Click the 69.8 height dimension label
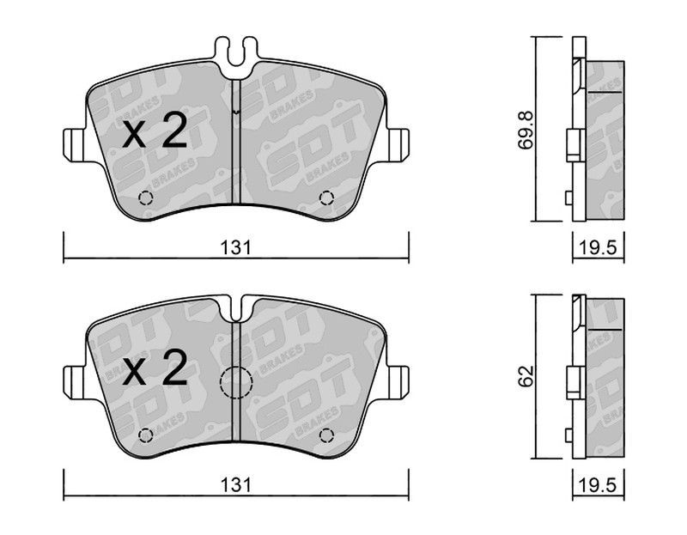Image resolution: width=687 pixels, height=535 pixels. click(526, 131)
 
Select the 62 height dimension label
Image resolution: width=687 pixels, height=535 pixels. click(526, 376)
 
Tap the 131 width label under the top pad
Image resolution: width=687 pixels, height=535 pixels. click(235, 248)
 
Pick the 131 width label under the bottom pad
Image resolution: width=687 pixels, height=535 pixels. click(235, 485)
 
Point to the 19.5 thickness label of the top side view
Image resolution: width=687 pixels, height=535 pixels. click(599, 248)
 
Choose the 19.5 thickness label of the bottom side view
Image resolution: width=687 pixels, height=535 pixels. click(599, 485)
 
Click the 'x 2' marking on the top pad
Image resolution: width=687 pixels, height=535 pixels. click(155, 131)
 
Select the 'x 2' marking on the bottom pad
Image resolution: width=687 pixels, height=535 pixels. click(155, 368)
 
